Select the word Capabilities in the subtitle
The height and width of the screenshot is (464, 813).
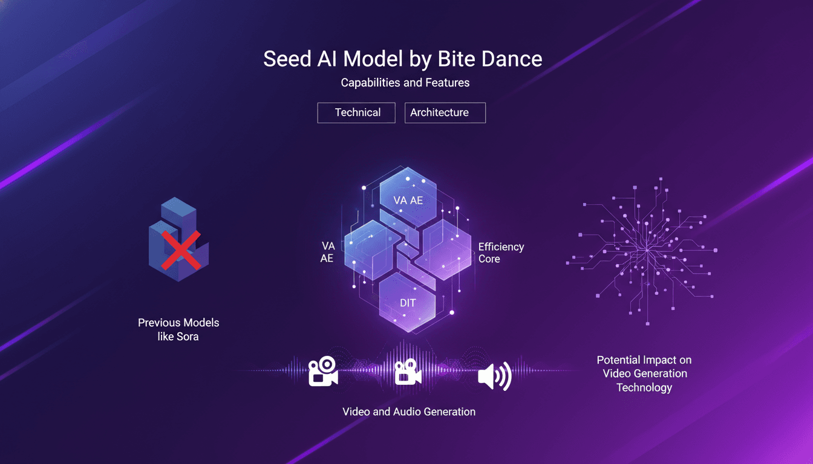click(370, 82)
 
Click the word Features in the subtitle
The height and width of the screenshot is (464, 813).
click(446, 82)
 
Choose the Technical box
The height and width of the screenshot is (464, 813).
click(356, 112)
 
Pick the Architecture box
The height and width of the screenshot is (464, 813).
click(445, 112)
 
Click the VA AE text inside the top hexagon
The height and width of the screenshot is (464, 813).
click(408, 200)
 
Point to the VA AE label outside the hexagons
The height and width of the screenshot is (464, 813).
click(328, 252)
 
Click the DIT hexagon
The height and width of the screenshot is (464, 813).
click(408, 303)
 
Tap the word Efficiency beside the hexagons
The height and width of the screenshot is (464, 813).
click(501, 246)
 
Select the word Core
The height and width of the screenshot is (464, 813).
click(489, 259)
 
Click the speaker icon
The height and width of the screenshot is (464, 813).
click(494, 376)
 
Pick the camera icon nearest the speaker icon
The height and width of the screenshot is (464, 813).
click(408, 373)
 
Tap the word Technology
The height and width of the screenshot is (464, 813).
click(644, 387)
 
